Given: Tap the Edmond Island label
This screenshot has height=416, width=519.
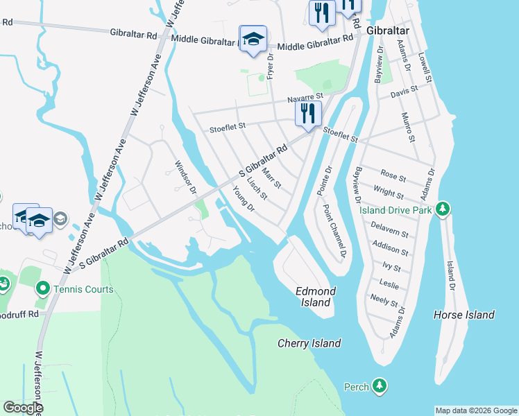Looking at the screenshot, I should [316, 291].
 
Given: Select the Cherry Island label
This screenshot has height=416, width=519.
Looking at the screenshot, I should [309, 343].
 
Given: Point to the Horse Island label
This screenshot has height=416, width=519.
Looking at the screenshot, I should [463, 315].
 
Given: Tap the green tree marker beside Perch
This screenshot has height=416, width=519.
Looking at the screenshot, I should [379, 385].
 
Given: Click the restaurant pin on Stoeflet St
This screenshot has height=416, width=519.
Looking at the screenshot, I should [308, 113].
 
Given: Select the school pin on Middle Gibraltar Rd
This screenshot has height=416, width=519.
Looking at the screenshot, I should [253, 39].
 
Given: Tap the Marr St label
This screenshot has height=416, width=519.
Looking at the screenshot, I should [272, 177].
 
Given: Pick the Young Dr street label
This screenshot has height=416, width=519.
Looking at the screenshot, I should [244, 200].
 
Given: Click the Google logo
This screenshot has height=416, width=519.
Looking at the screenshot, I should [23, 408].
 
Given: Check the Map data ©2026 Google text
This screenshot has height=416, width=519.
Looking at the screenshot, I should [475, 410].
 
